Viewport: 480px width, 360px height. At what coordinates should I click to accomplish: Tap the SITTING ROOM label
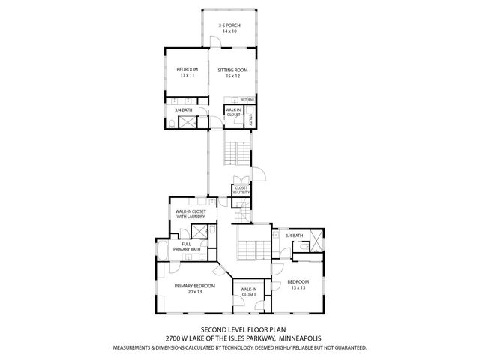click(232, 70)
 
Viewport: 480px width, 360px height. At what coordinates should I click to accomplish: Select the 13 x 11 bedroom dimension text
click(186, 76)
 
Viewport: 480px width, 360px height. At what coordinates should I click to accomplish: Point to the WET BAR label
click(247, 99)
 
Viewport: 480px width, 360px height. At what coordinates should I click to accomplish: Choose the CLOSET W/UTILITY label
click(240, 190)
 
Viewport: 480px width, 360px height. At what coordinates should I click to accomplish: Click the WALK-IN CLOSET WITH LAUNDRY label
click(190, 214)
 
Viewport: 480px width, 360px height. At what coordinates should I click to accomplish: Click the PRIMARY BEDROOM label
click(195, 286)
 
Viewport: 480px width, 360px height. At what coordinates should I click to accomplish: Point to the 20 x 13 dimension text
click(195, 292)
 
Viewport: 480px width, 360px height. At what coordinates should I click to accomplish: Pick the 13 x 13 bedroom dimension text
click(298, 287)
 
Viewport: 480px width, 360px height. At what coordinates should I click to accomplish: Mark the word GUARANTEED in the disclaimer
click(349, 348)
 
